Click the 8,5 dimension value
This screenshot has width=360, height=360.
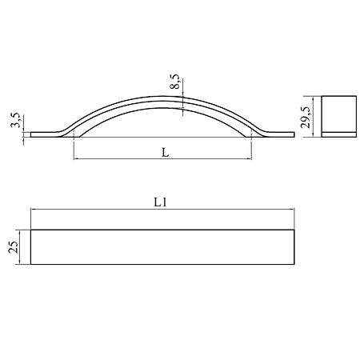point(175,82)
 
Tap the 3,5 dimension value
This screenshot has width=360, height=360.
point(16,120)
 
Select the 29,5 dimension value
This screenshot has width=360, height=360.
point(306,118)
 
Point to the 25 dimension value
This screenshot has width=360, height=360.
point(14,247)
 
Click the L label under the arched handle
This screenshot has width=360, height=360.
point(166,153)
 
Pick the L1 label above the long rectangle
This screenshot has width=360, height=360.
point(160,202)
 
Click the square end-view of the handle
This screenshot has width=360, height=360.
point(338,117)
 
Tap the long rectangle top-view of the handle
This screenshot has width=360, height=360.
point(162,247)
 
